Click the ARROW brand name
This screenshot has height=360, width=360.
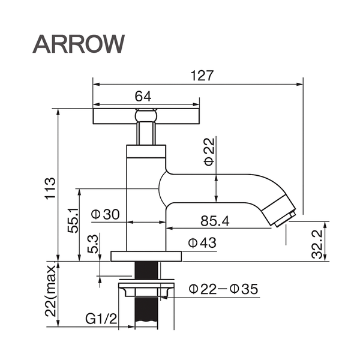click(79, 43)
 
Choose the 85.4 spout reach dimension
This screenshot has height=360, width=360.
click(215, 221)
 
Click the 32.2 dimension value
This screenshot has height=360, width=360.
click(319, 242)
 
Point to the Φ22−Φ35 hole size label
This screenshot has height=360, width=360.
click(223, 289)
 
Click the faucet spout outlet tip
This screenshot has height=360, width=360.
click(284, 217)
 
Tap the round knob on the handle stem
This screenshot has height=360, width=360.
click(146, 115)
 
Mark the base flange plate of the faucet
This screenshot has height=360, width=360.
click(146, 256)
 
